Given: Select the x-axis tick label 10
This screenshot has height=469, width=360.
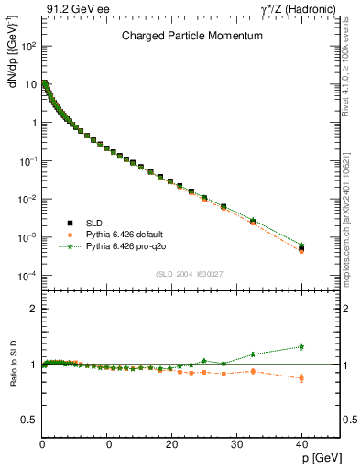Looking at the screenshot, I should (107, 444).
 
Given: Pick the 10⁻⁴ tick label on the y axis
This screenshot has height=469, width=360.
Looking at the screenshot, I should (27, 276).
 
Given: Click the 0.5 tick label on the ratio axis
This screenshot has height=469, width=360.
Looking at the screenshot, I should (28, 420).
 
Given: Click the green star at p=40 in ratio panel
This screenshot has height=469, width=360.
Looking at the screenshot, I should (301, 346).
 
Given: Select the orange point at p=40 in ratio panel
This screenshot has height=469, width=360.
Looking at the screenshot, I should (301, 377).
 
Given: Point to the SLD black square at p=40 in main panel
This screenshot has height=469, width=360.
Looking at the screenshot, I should (301, 247).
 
